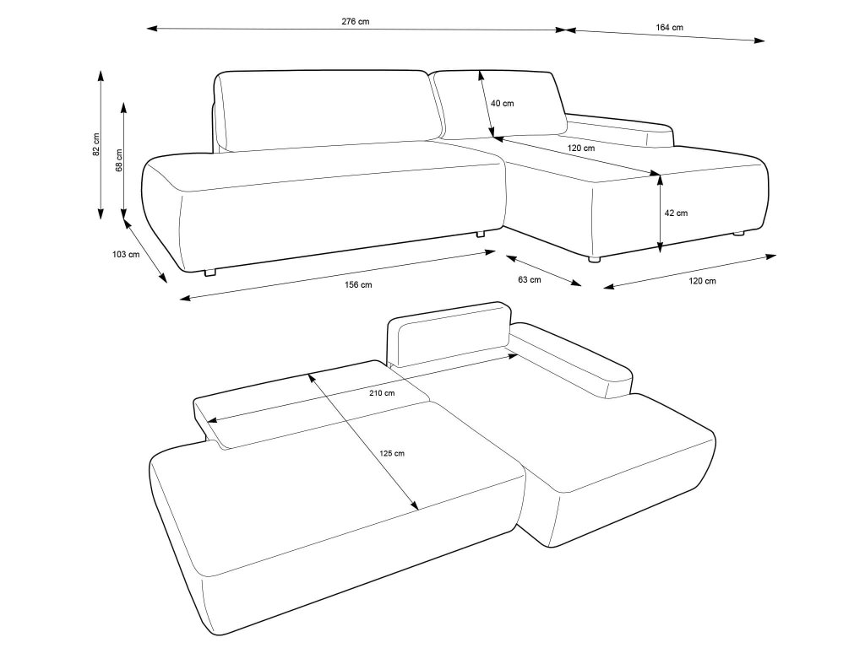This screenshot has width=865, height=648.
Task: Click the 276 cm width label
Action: click(356, 22)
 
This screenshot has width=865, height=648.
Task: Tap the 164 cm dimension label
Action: click(670, 28)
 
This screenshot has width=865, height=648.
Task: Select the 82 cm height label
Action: click(96, 145)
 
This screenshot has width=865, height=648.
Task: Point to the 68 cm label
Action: click(119, 160)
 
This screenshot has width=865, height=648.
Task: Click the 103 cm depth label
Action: click(126, 255)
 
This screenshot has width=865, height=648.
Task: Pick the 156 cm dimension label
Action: click(358, 285)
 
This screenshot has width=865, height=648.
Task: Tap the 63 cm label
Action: click(530, 280)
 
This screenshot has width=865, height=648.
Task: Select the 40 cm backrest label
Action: click(502, 104)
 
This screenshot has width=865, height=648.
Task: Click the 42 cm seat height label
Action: click(676, 213)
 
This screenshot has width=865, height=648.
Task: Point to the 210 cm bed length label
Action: click(382, 393)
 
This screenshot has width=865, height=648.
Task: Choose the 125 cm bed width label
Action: click(392, 453)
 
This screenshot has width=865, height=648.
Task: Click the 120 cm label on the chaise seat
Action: click(581, 148)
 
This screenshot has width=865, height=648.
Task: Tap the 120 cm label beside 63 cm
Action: click(702, 281)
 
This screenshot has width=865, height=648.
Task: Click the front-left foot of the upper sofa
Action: click(209, 272)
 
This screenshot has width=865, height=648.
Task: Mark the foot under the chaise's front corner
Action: click(594, 259)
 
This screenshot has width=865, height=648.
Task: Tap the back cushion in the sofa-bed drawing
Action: click(449, 337)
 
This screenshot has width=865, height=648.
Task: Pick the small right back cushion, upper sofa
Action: click(499, 104)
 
